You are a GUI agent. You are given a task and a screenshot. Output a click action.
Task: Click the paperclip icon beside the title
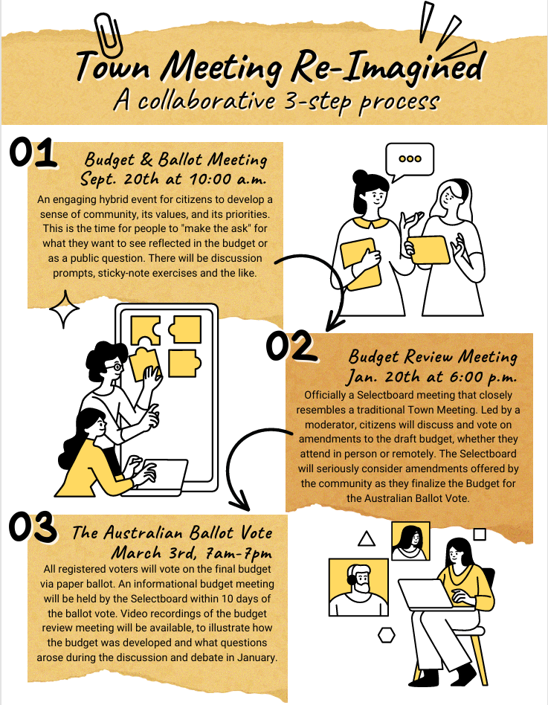click(x=108, y=33)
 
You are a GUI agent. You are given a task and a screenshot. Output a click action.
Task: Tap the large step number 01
click(x=33, y=153)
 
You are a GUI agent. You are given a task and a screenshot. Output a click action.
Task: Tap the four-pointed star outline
click(x=64, y=309)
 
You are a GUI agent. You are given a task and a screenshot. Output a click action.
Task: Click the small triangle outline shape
click(x=367, y=538)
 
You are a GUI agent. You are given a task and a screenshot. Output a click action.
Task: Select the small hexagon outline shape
click(x=386, y=635)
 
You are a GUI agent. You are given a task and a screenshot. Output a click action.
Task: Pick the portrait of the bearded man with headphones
click(x=358, y=587)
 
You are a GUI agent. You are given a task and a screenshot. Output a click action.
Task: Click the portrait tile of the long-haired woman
click(x=410, y=541)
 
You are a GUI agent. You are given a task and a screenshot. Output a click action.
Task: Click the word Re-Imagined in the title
click(x=387, y=68)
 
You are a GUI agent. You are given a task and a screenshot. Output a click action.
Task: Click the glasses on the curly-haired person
click(x=116, y=367)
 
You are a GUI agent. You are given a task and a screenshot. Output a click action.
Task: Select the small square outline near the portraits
click(x=480, y=534)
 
